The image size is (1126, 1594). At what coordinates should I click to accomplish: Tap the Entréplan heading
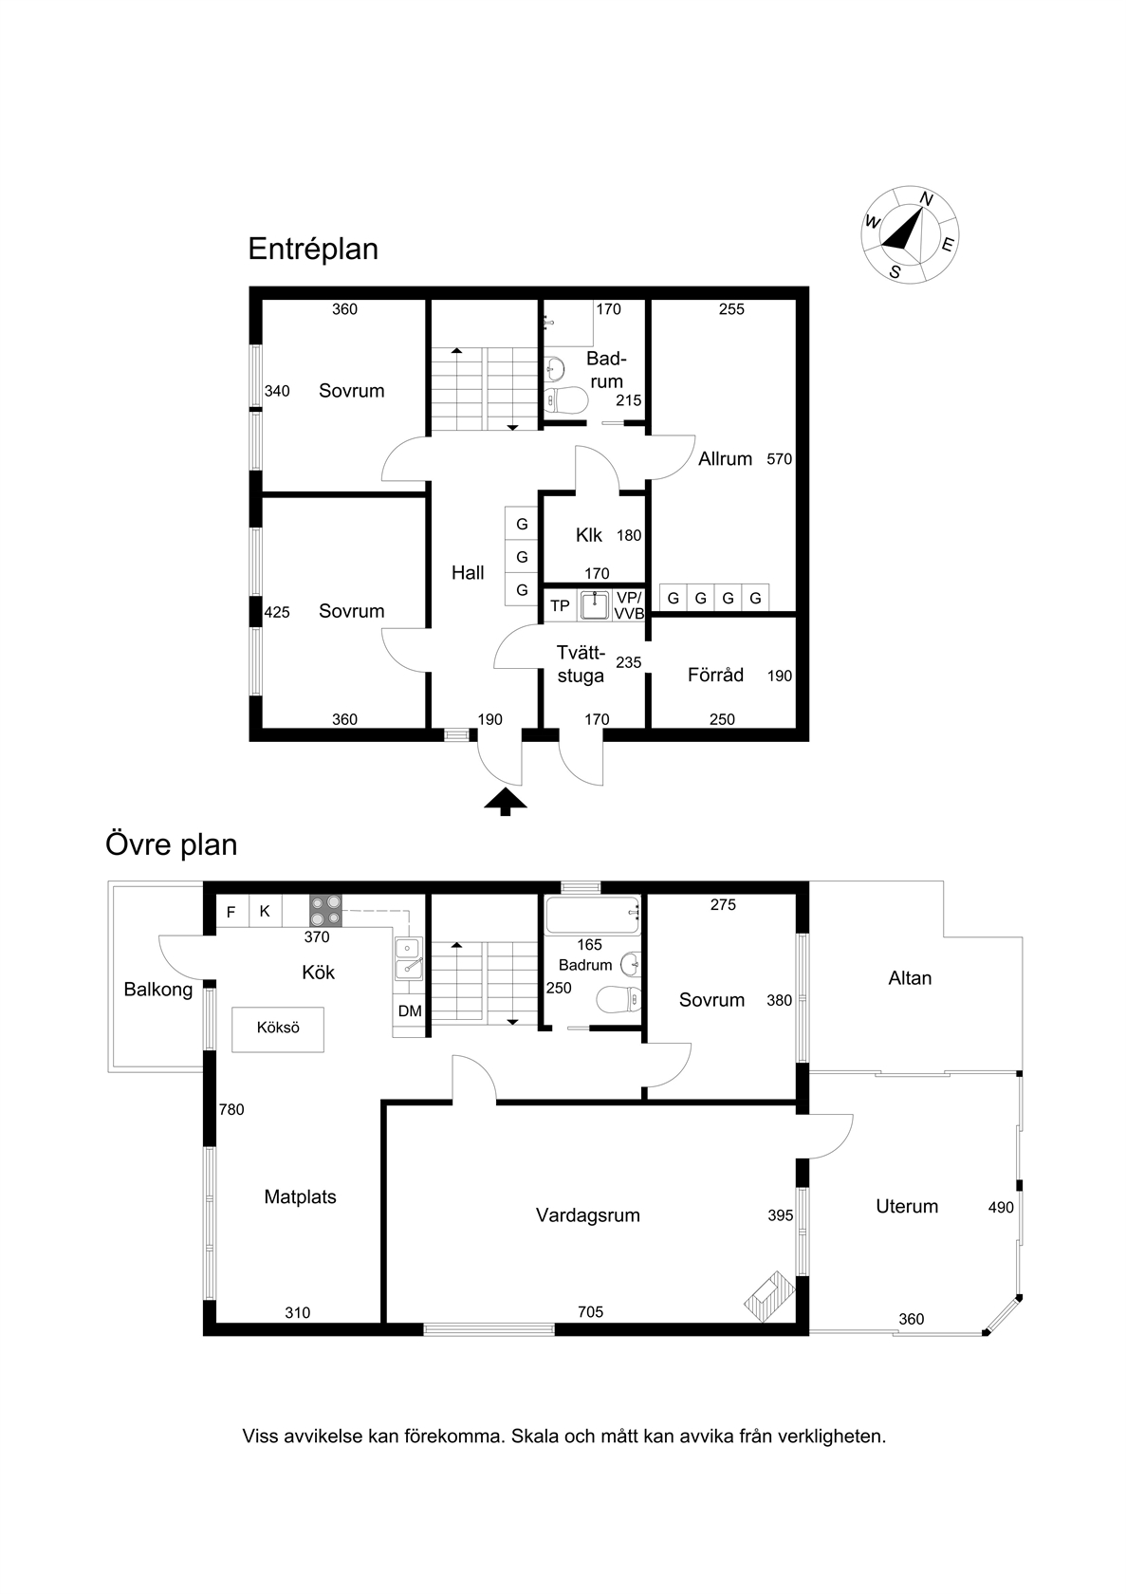coord(313,249)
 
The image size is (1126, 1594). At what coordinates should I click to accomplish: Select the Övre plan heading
coord(172,844)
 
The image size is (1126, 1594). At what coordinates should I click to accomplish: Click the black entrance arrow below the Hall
coord(505,801)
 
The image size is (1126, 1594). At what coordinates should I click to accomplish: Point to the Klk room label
coord(589,535)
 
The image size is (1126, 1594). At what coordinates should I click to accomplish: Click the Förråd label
coord(715,674)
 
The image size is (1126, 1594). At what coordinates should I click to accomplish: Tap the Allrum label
coord(725,459)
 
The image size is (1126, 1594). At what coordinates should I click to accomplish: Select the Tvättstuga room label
coord(581,664)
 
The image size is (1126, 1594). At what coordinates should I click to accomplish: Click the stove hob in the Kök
coord(325,910)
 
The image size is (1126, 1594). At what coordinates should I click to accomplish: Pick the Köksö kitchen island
coord(278,1029)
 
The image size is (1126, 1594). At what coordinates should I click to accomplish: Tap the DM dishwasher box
coord(410,1010)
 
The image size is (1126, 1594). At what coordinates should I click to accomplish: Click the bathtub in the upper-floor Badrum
coord(593,915)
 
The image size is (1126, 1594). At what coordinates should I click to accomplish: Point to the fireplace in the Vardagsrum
coord(768,1296)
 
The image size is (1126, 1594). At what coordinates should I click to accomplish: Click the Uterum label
coord(907,1206)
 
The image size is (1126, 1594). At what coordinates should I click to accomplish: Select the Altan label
coord(910,977)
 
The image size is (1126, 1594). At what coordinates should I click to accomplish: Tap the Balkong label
coord(157,990)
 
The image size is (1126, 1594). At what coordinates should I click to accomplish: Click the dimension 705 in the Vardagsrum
coord(590,1311)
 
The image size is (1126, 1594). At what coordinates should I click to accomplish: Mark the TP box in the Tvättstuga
coord(560,605)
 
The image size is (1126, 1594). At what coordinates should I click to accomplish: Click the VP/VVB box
coord(629,605)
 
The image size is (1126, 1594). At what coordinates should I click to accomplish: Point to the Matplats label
coord(300,1197)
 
